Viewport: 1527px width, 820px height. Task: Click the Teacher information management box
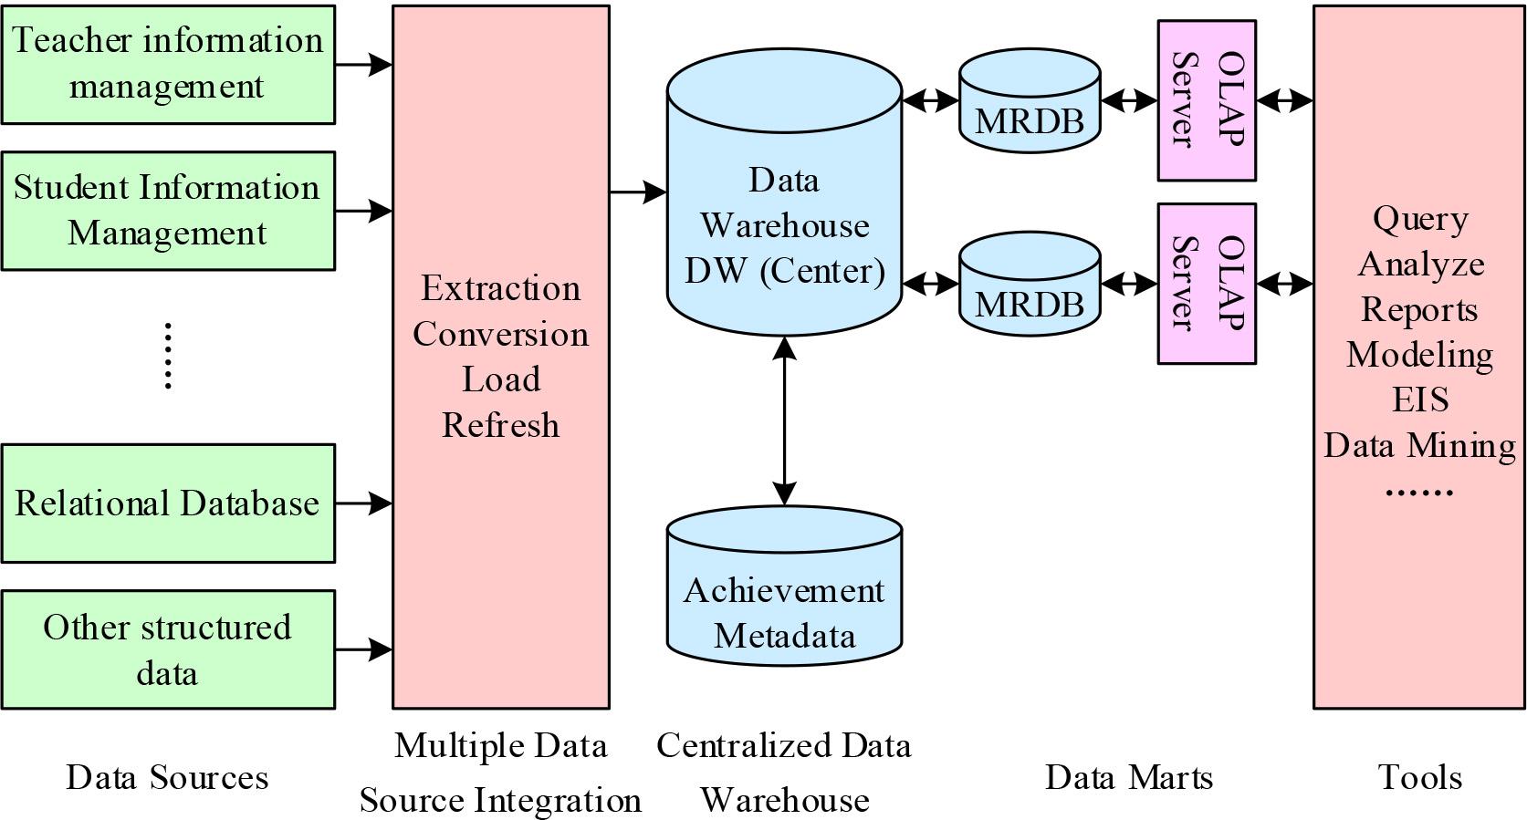(168, 64)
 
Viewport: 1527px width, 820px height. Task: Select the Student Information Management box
(168, 211)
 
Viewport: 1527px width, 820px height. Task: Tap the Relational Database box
(168, 503)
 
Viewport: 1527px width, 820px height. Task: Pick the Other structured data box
(168, 649)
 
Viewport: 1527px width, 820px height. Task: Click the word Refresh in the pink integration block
(500, 425)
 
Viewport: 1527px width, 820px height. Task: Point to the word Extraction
(500, 288)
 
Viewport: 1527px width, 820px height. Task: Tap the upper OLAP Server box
(1207, 100)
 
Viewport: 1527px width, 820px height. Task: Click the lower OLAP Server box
(1207, 284)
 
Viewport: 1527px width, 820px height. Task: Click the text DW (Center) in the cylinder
(784, 271)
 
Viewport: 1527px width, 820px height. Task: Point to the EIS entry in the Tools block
(1420, 400)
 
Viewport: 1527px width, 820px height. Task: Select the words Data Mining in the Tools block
(1420, 445)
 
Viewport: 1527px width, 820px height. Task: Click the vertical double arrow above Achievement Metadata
(784, 420)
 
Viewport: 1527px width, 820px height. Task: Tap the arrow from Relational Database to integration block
(364, 503)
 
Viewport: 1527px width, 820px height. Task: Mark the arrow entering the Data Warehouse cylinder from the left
(638, 192)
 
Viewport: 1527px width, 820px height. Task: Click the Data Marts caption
(1129, 777)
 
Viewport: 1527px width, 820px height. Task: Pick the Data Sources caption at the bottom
(168, 777)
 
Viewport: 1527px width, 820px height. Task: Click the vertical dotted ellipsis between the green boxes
(168, 356)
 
